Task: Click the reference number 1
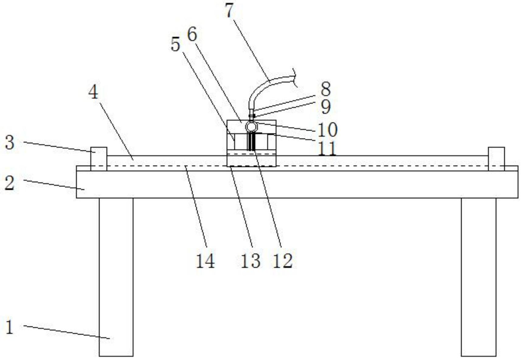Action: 10,327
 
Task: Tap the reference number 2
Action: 9,183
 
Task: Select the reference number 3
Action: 9,143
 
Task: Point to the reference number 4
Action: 93,92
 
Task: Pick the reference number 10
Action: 327,130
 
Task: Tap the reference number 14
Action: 205,261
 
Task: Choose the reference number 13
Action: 251,261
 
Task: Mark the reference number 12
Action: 283,261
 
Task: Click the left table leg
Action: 116,277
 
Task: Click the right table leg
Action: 479,277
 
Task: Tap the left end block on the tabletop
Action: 99,158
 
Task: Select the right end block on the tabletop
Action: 496,158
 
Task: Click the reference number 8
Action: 326,89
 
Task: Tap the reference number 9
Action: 326,107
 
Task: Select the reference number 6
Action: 192,34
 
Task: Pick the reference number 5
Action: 175,45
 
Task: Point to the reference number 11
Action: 327,148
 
